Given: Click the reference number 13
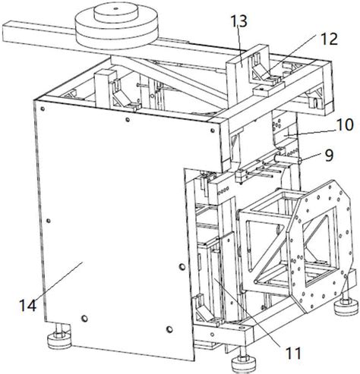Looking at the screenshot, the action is [x=238, y=21].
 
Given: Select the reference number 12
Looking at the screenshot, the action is [x=328, y=39].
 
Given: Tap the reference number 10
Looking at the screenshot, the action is [x=343, y=124].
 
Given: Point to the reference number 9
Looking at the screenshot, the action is [x=329, y=156].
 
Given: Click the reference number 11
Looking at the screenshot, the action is [x=293, y=353].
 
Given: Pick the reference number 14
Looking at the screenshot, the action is [x=28, y=306].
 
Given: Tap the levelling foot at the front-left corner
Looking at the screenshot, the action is [x=59, y=340].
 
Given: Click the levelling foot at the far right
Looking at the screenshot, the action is [x=346, y=305].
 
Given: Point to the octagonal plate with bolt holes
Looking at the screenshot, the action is [x=321, y=245].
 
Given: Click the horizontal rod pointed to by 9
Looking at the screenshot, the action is [x=287, y=159].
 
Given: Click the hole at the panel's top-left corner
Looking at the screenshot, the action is [x=43, y=108].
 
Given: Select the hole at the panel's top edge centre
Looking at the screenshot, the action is [x=128, y=120].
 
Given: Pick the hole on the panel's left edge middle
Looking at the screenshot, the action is [x=49, y=221].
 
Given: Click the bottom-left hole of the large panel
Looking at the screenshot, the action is [x=84, y=319].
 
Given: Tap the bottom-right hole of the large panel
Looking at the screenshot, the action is [x=169, y=329].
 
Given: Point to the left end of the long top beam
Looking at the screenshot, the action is [x=4, y=32].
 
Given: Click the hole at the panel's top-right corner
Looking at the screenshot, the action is [x=213, y=130].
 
